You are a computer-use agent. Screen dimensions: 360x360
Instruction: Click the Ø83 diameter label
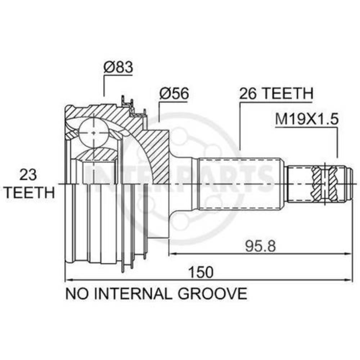coord(118,67)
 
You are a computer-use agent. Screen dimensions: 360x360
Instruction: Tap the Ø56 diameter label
coord(174,94)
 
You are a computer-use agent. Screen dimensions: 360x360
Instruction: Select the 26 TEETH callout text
coord(276,94)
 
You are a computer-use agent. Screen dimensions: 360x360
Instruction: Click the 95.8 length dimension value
coord(260,246)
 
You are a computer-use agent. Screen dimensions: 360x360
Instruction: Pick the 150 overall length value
coord(201,272)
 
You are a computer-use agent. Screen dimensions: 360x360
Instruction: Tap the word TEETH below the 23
coord(30,192)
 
